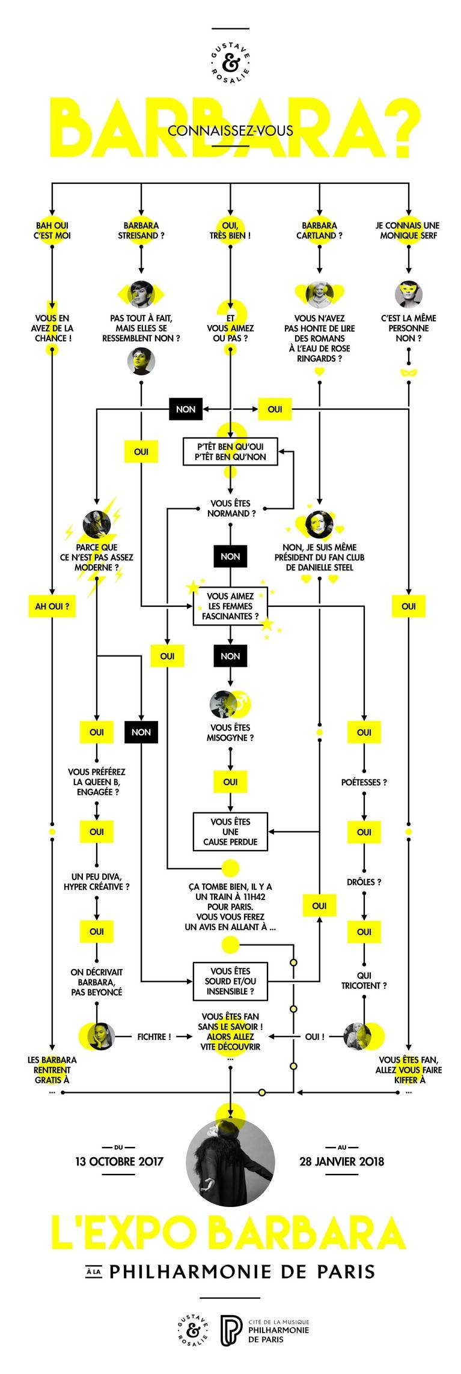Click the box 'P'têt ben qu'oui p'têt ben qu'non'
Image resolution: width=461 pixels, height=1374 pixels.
point(230,451)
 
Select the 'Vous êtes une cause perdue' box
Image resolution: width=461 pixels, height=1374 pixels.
point(230,831)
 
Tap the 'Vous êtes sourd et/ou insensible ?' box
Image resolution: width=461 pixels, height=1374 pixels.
point(230,981)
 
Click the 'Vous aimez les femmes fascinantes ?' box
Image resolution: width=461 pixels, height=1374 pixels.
point(230,606)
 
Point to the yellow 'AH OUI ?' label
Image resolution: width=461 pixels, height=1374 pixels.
point(52,606)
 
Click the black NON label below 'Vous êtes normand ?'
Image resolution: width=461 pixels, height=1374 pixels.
point(230,556)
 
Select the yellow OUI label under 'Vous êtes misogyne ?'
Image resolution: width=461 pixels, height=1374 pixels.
point(230,782)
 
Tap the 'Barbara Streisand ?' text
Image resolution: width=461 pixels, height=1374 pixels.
point(141,231)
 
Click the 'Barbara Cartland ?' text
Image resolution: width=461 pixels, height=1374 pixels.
point(319,231)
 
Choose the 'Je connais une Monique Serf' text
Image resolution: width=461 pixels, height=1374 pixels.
point(408,231)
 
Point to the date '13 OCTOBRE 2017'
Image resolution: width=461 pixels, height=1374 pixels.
point(119,1161)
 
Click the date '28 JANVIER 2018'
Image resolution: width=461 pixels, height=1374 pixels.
point(341,1161)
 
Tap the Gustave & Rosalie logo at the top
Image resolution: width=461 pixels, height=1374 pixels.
point(230,62)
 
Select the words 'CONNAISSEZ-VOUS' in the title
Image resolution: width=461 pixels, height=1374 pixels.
point(230,130)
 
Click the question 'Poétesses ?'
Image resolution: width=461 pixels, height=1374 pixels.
point(364,782)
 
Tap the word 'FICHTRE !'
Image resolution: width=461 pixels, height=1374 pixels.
point(154,1036)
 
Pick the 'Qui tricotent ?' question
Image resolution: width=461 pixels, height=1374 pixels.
point(364,981)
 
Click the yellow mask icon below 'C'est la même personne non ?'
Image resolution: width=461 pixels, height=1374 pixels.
point(408,372)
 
